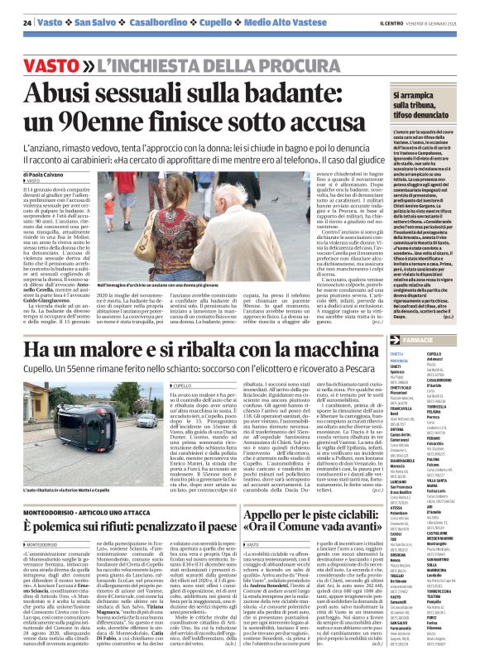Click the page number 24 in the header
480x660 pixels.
coord(27,22)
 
